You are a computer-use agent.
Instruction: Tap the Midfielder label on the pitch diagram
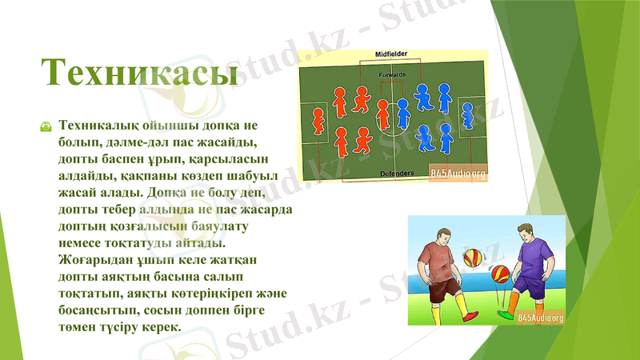pyautogui.click(x=391, y=54)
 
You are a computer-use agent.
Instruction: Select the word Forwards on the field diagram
pyautogui.click(x=392, y=74)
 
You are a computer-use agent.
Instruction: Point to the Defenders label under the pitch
pyautogui.click(x=397, y=173)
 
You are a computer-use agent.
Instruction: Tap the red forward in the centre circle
pyautogui.click(x=382, y=115)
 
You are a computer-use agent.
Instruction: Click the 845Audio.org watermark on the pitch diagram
pyautogui.click(x=458, y=173)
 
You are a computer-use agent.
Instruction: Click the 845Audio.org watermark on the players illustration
pyautogui.click(x=541, y=318)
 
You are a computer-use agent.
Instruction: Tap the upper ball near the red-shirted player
pyautogui.click(x=471, y=258)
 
